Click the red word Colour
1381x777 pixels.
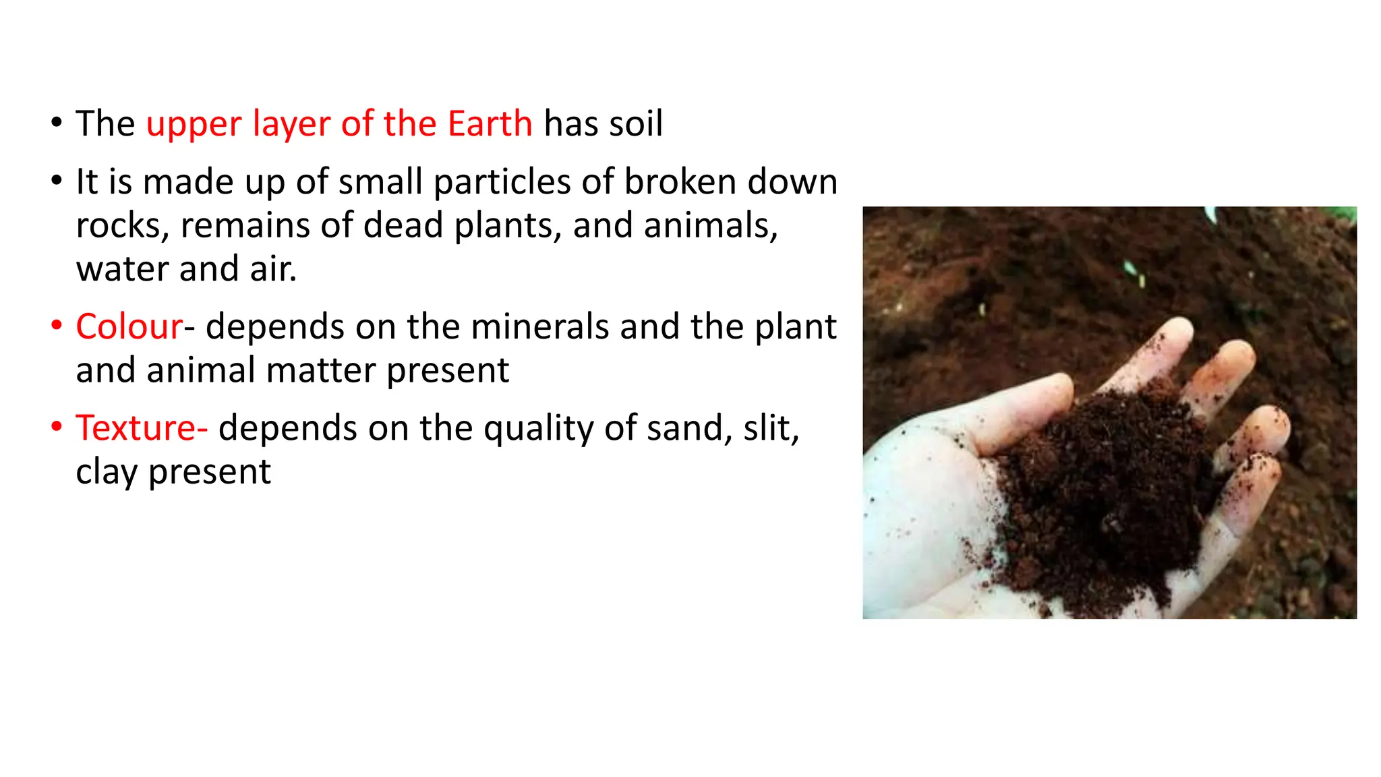point(129,327)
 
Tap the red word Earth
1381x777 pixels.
point(490,124)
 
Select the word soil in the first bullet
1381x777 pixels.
point(636,124)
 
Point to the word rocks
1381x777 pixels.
point(122,226)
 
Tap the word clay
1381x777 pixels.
point(107,471)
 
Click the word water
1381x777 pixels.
point(122,269)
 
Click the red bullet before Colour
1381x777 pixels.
point(57,326)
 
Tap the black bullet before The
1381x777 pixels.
point(57,123)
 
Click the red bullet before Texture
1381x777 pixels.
point(57,427)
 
